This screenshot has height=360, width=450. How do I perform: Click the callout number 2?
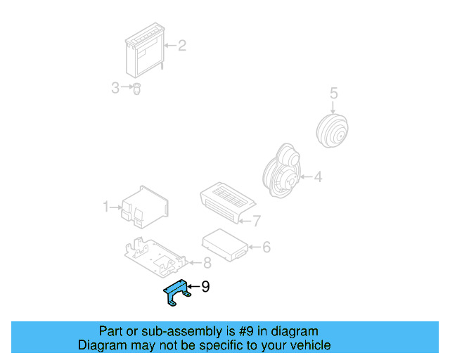coord(181,46)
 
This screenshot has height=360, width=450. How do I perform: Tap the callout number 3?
coord(115,88)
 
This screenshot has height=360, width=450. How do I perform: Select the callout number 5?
coord(333,93)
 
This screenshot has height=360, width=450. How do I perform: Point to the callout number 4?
coord(318,177)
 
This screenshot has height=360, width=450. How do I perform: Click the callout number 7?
coord(257,221)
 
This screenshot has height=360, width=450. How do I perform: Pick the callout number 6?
coord(266,247)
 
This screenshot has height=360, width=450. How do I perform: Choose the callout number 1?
coord(107,207)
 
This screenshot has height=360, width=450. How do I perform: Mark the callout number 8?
coord(207,264)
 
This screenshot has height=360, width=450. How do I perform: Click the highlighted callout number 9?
coord(205,286)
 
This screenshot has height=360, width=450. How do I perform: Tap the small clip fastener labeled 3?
coord(137,89)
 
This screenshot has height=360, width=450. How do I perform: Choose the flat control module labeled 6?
coord(224,243)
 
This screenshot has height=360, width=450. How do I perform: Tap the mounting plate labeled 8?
coord(155,257)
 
